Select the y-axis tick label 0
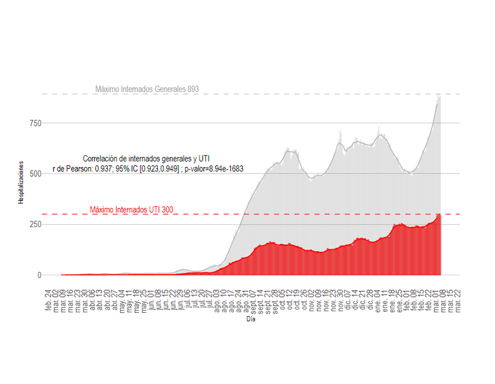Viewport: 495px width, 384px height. [39, 275]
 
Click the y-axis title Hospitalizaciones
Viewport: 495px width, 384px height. [21, 183]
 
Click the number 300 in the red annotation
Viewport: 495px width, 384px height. [167, 210]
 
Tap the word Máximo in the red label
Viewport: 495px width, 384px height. [103, 210]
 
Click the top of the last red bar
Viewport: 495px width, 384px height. [440, 214]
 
